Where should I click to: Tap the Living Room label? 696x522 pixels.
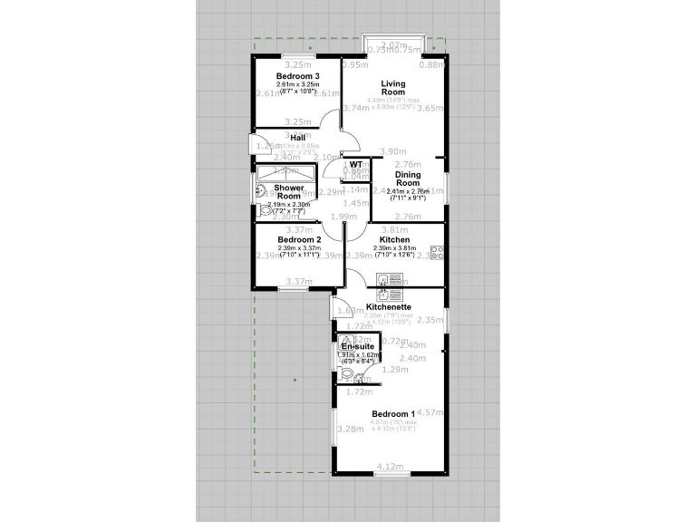392,88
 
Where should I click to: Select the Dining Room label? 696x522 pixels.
408,179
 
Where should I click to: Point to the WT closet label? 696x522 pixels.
356,164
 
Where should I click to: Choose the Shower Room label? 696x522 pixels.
289,192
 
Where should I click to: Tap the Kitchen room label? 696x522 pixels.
408,239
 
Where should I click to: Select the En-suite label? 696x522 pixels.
356,347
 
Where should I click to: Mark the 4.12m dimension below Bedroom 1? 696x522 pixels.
389,466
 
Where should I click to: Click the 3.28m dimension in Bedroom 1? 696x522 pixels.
349,429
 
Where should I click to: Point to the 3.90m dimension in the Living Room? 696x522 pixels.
392,151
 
